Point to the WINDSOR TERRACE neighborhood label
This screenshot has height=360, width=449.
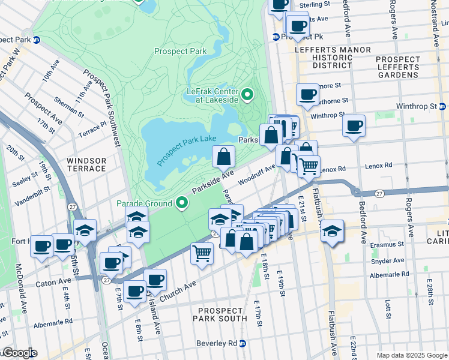(86, 165)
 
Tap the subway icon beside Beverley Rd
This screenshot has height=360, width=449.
(243, 343)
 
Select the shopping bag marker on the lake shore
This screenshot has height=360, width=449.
(223, 157)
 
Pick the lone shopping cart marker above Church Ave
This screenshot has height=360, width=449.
(202, 253)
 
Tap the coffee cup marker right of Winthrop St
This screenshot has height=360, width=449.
(354, 125)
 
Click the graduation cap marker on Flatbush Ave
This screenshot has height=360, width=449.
(331, 230)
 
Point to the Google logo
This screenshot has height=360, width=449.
(19, 353)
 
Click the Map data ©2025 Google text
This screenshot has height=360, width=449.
(412, 355)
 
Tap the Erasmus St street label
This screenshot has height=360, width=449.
(387, 245)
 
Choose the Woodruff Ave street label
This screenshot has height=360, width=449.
(256, 173)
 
